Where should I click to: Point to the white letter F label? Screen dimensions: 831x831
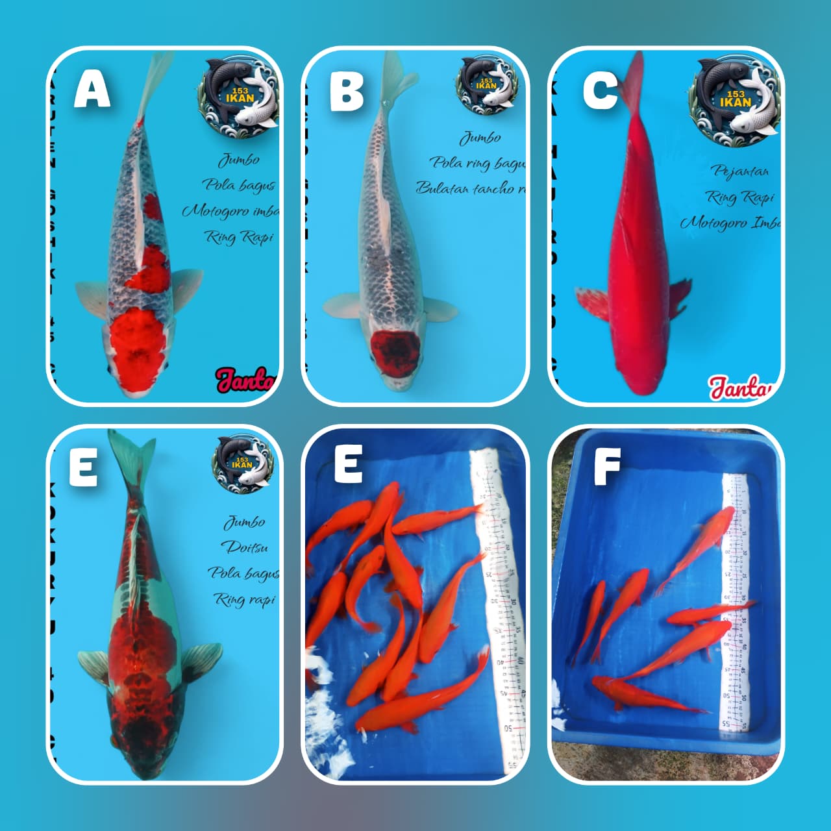tap(607, 466)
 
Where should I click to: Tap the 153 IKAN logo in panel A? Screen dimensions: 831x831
tap(241, 93)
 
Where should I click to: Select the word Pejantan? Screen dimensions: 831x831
tap(740, 171)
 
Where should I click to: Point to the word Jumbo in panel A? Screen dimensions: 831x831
tap(238, 160)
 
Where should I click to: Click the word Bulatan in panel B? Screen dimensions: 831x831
tap(443, 188)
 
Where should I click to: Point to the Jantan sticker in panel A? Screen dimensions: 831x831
tap(245, 380)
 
